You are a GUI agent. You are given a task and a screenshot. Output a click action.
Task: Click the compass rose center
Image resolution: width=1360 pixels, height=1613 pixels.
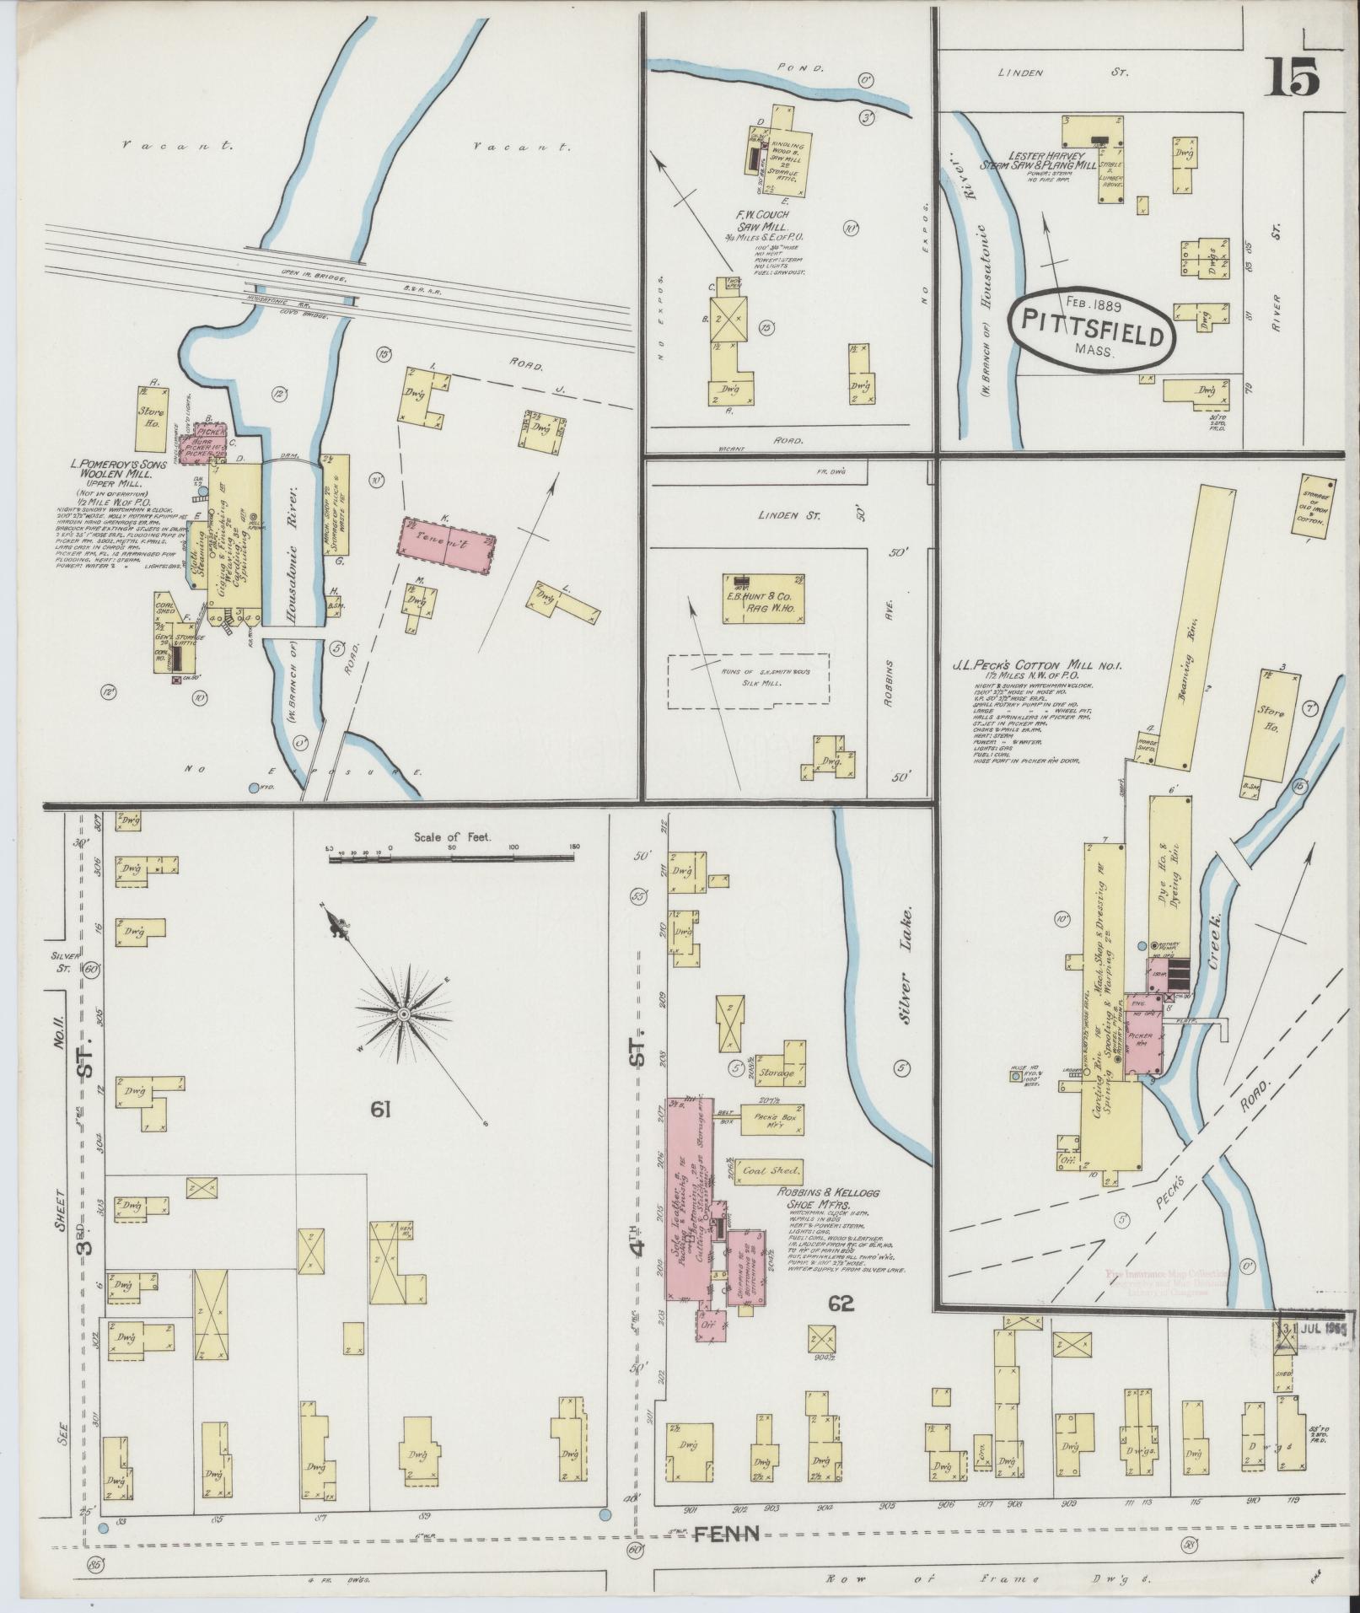pos(404,1013)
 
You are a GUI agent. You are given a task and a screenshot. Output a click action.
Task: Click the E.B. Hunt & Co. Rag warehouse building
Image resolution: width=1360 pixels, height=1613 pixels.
pos(763,599)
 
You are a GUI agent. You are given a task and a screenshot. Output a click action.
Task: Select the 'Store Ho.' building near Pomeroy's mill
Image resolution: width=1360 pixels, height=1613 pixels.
pos(150,419)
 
